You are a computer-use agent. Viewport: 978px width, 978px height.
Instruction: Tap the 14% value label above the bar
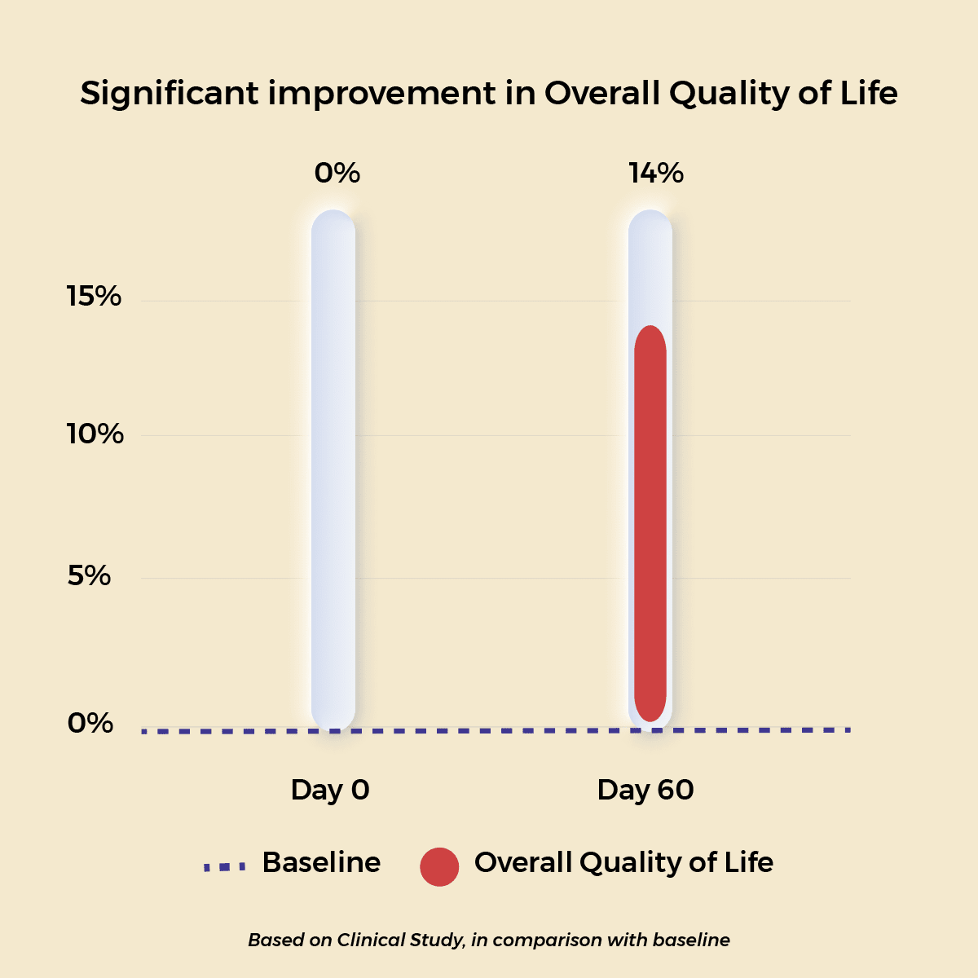[x=655, y=173]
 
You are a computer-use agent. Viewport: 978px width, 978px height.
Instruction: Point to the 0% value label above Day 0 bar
[x=337, y=173]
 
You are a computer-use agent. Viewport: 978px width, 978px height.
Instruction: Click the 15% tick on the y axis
[x=94, y=297]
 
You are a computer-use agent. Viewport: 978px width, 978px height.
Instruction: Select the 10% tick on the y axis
[x=95, y=434]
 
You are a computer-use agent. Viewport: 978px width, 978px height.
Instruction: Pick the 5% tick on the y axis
[x=89, y=576]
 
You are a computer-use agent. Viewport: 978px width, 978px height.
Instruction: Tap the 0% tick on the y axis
[x=90, y=723]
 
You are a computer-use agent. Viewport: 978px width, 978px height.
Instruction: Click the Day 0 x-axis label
[x=330, y=790]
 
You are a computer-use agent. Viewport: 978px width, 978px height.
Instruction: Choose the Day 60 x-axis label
[x=645, y=790]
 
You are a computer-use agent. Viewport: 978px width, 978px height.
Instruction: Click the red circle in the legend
[x=439, y=866]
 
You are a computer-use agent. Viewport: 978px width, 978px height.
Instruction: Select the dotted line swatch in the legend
[x=224, y=867]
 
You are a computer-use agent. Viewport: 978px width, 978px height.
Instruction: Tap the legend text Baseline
[x=321, y=862]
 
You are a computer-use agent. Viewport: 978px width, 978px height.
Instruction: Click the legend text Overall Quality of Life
[x=623, y=862]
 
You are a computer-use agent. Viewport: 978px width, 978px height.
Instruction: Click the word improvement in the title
[x=381, y=94]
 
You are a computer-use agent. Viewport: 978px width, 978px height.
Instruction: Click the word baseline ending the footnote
[x=691, y=940]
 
